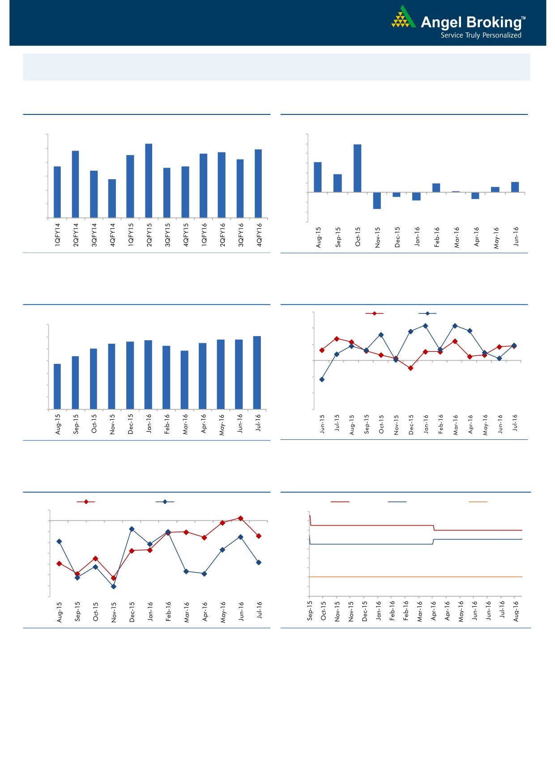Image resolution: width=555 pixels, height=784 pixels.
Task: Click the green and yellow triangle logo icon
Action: click(403, 18)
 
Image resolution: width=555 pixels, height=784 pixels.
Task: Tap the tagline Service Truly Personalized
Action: click(481, 35)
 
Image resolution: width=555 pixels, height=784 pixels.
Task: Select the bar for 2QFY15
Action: click(149, 181)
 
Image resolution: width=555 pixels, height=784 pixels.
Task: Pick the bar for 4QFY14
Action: click(112, 198)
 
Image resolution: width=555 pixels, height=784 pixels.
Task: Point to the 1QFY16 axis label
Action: click(204, 235)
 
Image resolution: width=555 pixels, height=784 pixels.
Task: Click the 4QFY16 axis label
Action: click(259, 235)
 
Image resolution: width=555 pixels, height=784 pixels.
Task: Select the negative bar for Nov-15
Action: click(377, 201)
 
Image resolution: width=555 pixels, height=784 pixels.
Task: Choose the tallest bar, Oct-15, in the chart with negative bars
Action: click(357, 168)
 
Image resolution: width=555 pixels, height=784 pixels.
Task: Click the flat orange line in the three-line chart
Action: click(416, 577)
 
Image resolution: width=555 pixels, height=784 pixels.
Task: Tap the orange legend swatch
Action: click(478, 502)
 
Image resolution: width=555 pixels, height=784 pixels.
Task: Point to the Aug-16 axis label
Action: click(516, 611)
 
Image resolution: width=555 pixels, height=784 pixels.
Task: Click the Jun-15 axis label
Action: click(322, 425)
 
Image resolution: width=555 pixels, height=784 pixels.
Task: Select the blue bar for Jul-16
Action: click(257, 372)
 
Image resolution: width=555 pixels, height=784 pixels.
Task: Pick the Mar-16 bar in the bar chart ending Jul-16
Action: click(184, 380)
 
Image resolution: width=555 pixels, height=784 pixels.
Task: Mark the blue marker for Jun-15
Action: click(322, 379)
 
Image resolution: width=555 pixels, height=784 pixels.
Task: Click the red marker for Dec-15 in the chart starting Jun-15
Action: click(410, 368)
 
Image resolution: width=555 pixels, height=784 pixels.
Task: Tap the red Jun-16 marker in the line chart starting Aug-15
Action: click(240, 518)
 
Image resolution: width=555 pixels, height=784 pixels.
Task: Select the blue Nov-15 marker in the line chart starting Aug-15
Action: click(113, 586)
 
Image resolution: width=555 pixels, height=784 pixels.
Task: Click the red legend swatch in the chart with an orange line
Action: click(340, 502)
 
